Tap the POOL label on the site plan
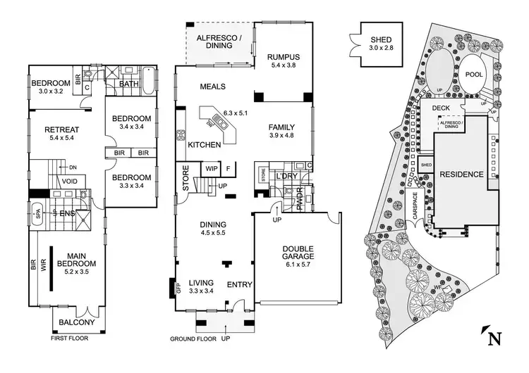tap(473, 73)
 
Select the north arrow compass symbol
tap(494, 337)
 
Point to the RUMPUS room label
tap(284, 57)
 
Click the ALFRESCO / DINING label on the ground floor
tap(219, 41)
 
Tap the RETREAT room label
tap(61, 129)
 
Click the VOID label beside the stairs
tap(69, 180)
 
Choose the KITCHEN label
tap(205, 145)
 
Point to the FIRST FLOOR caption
tap(71, 339)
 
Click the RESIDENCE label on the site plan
tap(462, 174)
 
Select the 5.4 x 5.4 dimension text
tap(61, 139)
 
